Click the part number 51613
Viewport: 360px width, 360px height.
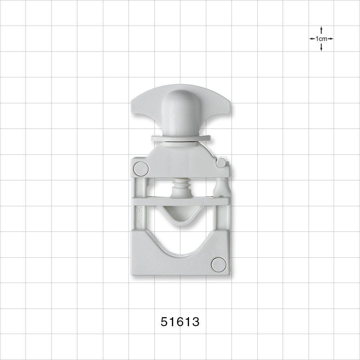[180, 321]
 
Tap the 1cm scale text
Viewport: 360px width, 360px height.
[321, 39]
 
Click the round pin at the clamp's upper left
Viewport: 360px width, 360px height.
[141, 168]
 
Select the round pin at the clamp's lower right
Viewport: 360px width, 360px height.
[219, 265]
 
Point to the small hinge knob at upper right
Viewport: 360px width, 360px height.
[222, 162]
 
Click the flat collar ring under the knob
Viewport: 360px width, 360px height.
[180, 138]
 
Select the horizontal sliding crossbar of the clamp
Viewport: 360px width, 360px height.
[180, 201]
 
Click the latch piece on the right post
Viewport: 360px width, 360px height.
[222, 187]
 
